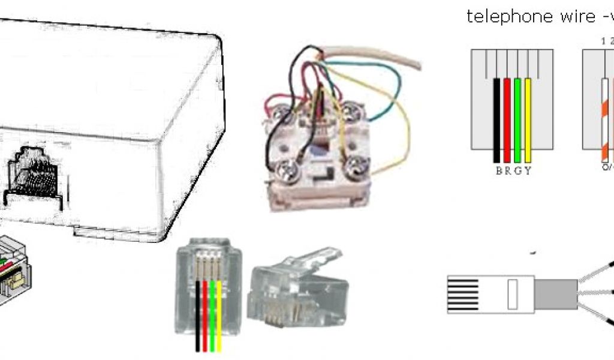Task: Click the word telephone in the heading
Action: point(503,17)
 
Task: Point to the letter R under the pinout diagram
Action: point(507,170)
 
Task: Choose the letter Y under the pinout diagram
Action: point(528,170)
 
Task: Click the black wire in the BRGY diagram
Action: point(496,120)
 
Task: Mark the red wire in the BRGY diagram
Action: point(507,120)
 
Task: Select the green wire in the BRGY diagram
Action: point(517,120)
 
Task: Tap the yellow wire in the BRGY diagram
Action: point(528,120)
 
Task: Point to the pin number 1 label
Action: point(604,41)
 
